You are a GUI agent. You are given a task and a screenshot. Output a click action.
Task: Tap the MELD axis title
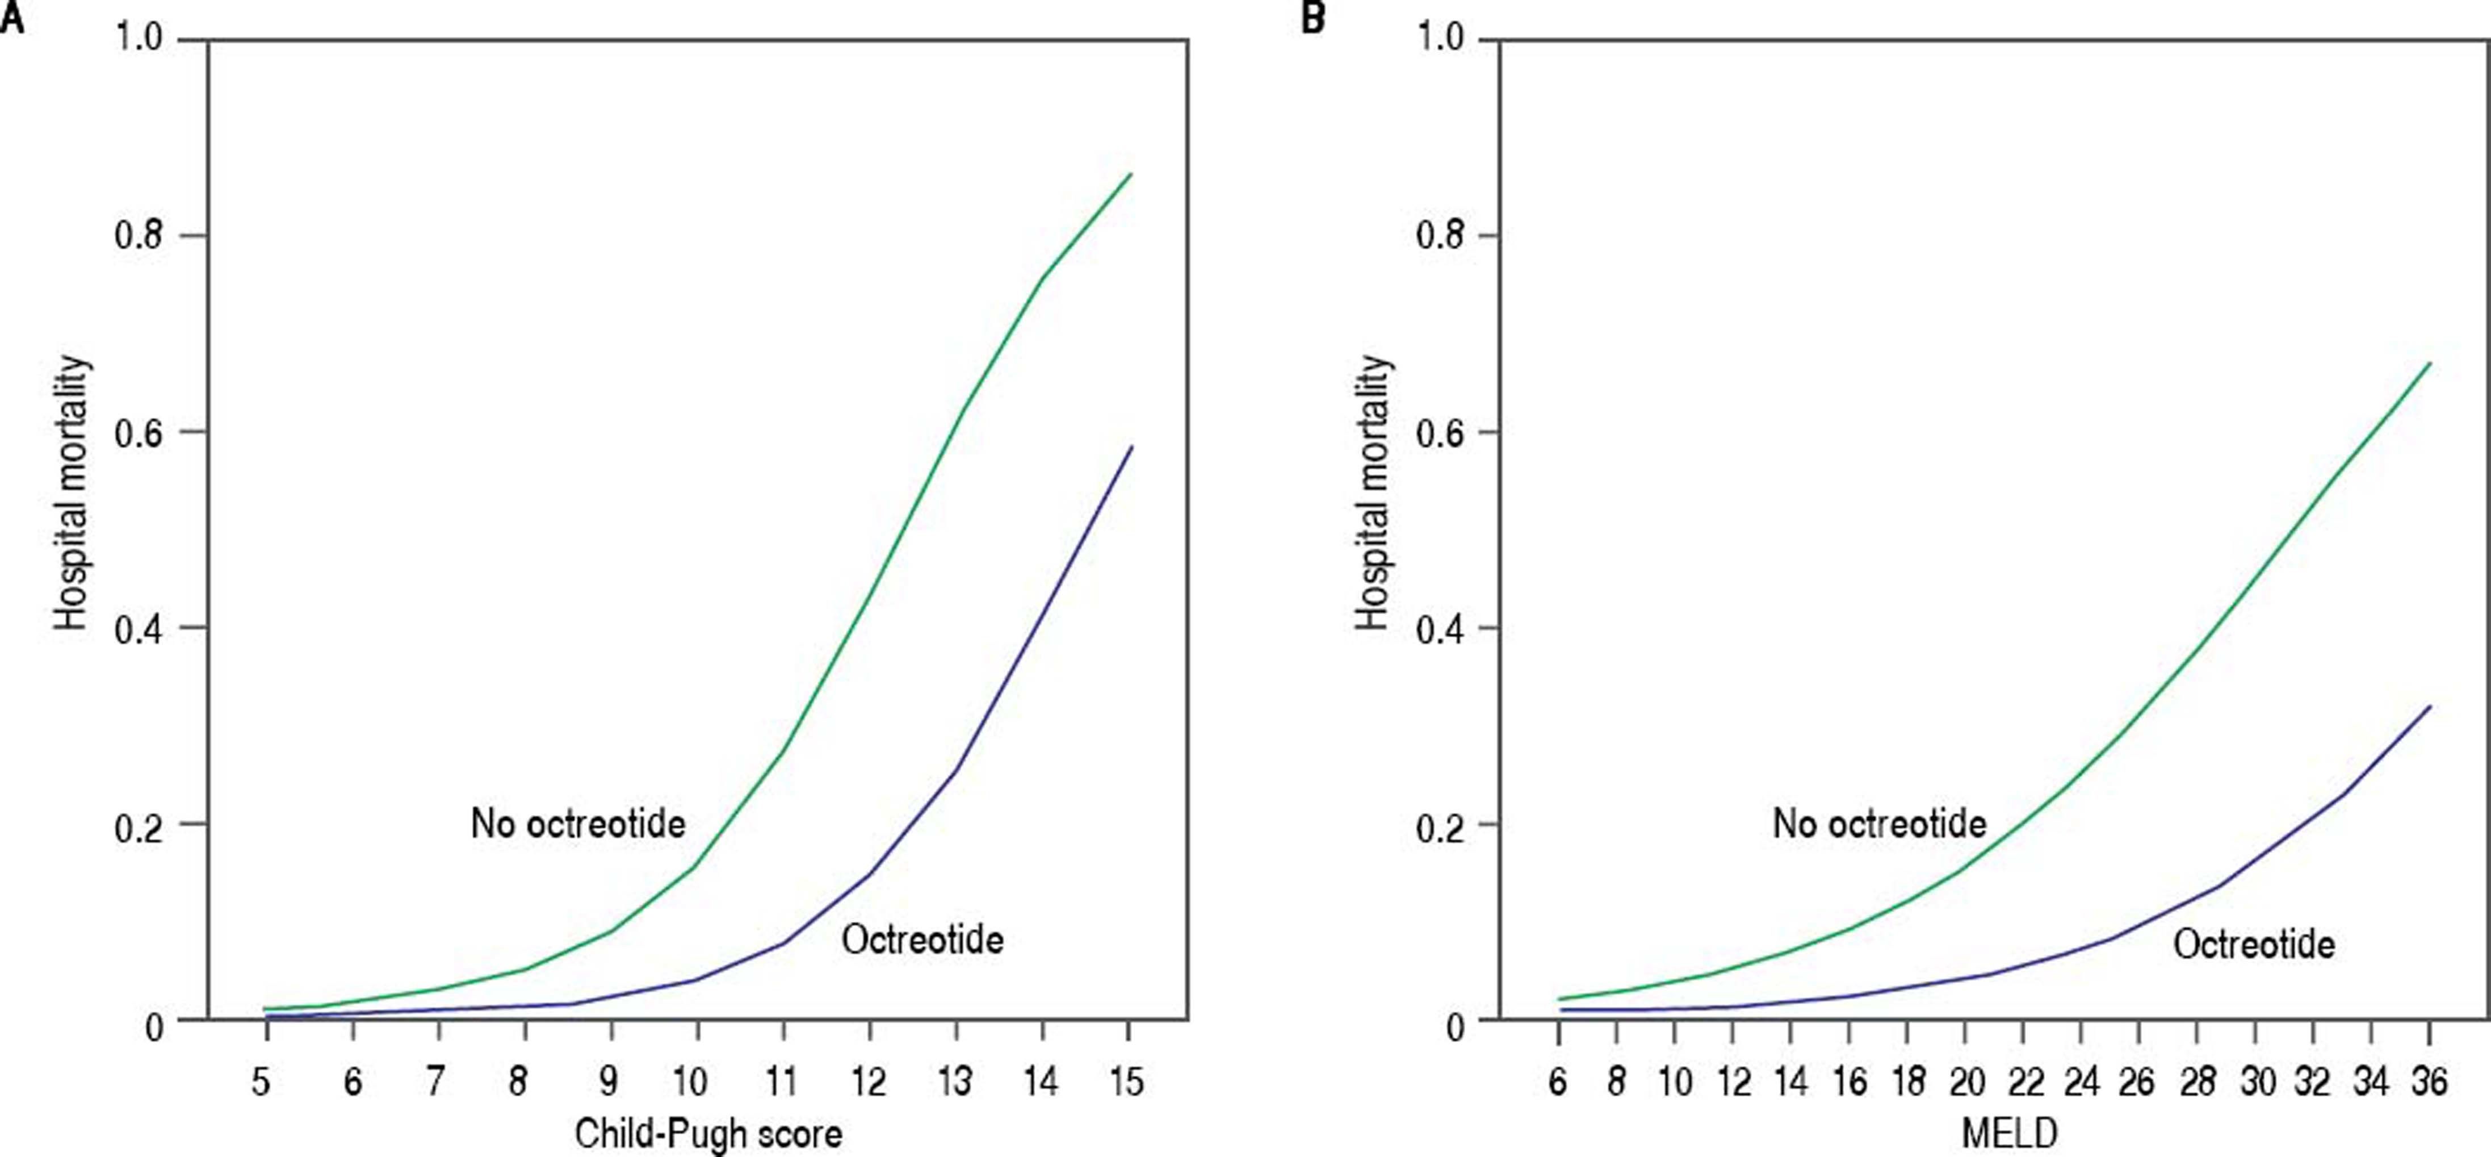pos(2008,1133)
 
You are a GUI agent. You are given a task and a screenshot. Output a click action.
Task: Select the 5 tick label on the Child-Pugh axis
pos(261,1080)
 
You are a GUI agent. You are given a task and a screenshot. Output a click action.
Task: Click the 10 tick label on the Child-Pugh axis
pos(690,1080)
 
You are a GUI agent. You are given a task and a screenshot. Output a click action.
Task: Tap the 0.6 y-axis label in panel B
pos(1439,432)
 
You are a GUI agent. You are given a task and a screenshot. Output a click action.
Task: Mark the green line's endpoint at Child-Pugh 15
pos(1130,174)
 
